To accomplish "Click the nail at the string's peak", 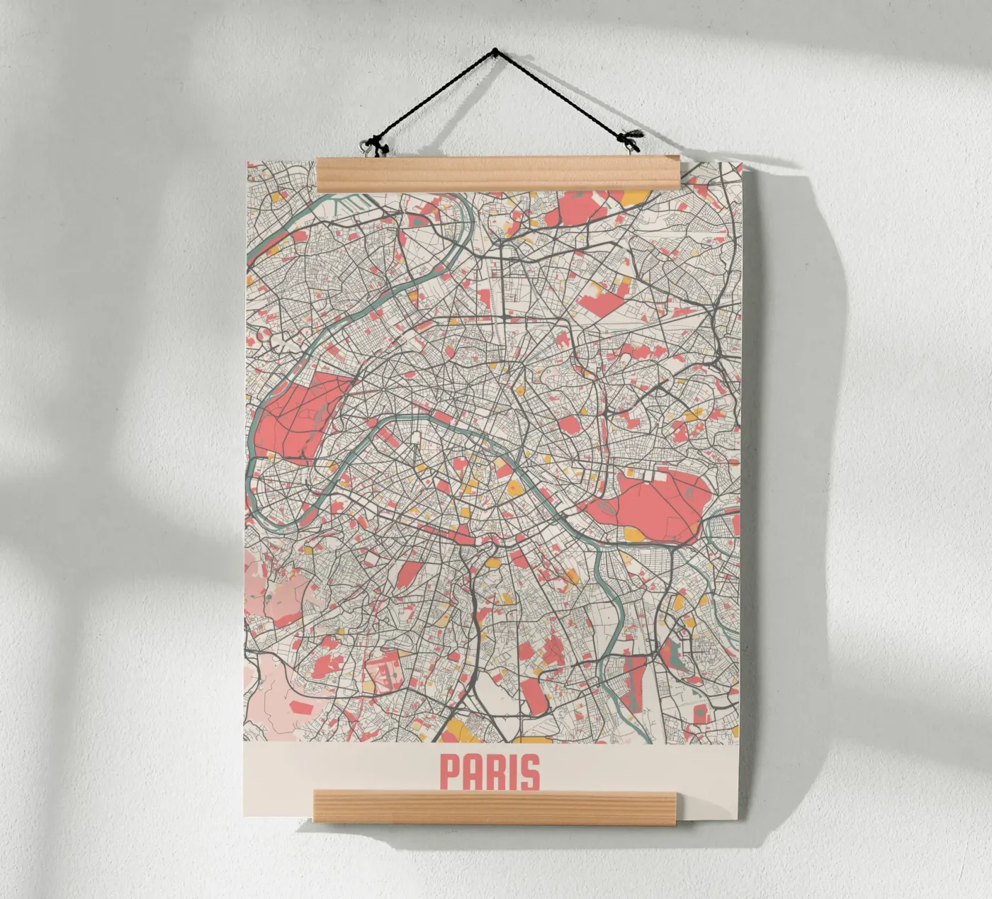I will pos(495,51).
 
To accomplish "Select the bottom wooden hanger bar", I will pos(495,807).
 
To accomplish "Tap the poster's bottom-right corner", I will pos(740,820).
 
